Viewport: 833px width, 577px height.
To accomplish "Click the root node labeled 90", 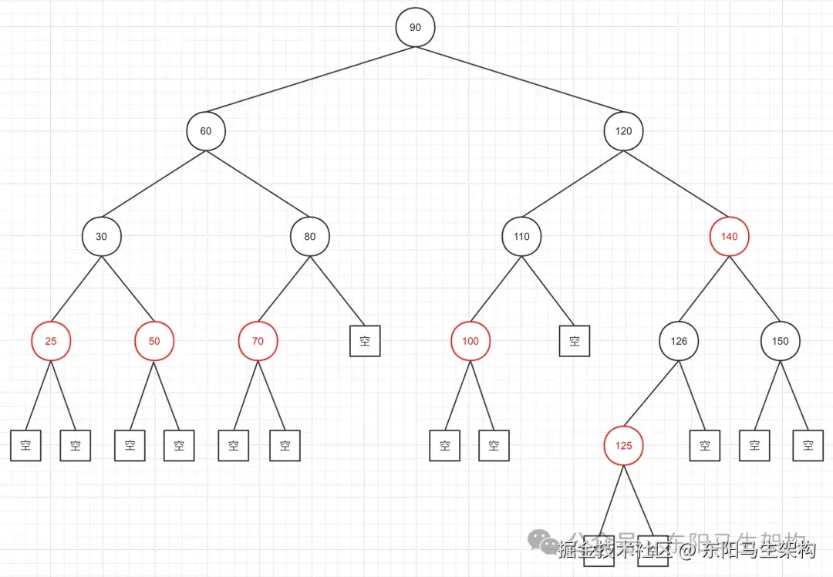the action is click(415, 28).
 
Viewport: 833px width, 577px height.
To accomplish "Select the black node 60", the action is click(205, 131).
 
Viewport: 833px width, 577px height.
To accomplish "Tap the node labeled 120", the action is click(623, 131).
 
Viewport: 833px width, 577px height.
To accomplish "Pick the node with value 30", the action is click(101, 237).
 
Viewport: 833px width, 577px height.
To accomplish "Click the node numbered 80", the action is click(309, 237).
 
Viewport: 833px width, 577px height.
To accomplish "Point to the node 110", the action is click(521, 237).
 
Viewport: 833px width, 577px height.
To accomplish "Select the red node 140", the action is click(729, 237).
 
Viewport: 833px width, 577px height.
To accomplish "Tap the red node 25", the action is click(51, 341).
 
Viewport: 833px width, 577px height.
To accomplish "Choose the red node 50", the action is click(154, 341).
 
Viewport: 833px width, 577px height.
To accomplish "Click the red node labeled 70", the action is click(258, 341).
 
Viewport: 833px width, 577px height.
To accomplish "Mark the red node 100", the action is click(470, 341).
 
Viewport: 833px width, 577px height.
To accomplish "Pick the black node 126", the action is click(678, 341).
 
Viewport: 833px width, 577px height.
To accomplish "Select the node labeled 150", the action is click(781, 341).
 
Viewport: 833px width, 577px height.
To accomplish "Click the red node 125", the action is click(623, 446).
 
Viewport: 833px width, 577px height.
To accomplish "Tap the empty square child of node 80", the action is click(365, 341).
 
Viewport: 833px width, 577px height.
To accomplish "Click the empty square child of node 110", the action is click(575, 341).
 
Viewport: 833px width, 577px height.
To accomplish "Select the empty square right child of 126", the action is click(704, 446).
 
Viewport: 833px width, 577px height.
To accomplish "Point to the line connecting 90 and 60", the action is click(310, 79).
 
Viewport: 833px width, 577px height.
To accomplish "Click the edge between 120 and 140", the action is click(676, 184).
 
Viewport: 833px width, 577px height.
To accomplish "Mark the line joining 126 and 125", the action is click(651, 393).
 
